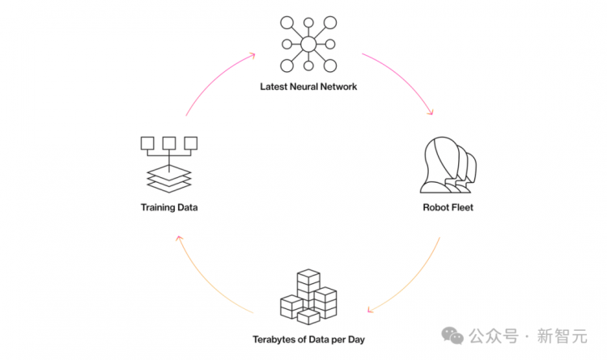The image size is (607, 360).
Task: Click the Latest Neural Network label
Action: click(x=308, y=87)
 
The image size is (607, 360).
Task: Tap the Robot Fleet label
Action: click(x=448, y=207)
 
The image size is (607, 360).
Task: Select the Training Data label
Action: click(x=169, y=207)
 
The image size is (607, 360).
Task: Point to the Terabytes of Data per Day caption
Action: click(x=308, y=340)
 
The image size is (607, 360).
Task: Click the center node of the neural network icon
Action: click(x=308, y=44)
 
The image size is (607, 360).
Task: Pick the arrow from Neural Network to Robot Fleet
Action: click(x=402, y=78)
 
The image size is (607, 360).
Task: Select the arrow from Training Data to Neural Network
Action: click(x=215, y=79)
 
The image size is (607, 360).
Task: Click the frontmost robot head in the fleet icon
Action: click(x=441, y=165)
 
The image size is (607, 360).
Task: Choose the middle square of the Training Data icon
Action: click(x=169, y=143)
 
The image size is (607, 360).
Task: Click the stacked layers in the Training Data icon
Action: click(x=169, y=179)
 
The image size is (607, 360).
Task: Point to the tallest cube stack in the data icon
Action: click(x=308, y=288)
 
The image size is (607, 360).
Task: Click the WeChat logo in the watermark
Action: click(x=452, y=336)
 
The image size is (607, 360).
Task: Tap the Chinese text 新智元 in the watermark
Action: click(x=562, y=336)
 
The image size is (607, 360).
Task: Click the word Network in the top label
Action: click(x=338, y=87)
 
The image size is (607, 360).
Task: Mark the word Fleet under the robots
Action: click(x=462, y=207)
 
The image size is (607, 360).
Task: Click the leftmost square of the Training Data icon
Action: click(x=147, y=143)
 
